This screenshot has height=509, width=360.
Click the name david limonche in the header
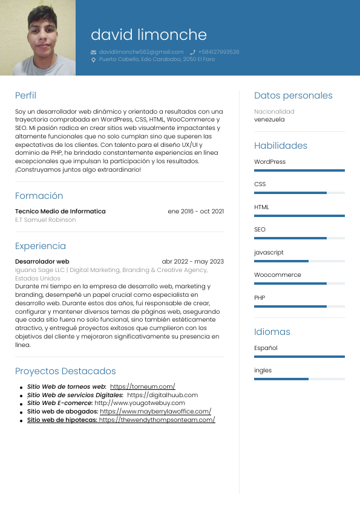pyautogui.click(x=148, y=34)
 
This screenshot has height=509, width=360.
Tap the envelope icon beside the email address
pyautogui.click(x=93, y=52)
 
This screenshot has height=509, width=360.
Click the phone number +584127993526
pyautogui.click(x=218, y=52)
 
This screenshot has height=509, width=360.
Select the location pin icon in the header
pyautogui.click(x=93, y=60)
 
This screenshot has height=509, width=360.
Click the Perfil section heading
pyautogui.click(x=25, y=96)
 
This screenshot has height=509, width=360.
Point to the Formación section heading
pyautogui.click(x=39, y=196)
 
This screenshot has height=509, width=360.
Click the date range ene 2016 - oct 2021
pyautogui.click(x=195, y=212)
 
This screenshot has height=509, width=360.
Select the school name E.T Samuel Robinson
pyautogui.click(x=45, y=220)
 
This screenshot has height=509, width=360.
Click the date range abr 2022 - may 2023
pyautogui.click(x=192, y=262)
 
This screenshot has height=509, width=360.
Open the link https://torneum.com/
pyautogui.click(x=142, y=386)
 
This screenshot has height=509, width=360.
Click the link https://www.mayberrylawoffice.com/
pyautogui.click(x=155, y=411)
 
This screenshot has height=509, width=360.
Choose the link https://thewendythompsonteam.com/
pyautogui.click(x=157, y=420)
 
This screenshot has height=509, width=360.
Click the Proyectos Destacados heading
pyautogui.click(x=65, y=371)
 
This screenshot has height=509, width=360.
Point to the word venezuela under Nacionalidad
pyautogui.click(x=269, y=120)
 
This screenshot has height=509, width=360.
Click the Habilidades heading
pyautogui.click(x=281, y=146)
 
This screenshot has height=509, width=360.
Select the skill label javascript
pyautogui.click(x=269, y=253)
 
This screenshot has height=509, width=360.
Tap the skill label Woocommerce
pyautogui.click(x=277, y=275)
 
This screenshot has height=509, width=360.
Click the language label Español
pyautogui.click(x=266, y=348)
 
